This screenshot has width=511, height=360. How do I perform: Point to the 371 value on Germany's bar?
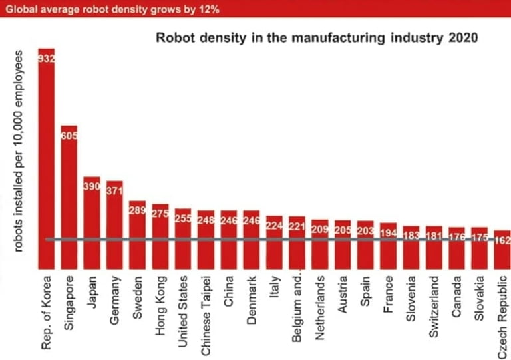tap(114, 190)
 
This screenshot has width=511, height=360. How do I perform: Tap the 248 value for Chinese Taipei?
tap(206, 219)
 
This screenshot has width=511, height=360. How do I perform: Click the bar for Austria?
tap(343, 243)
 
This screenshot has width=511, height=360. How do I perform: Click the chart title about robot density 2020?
tap(316, 37)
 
